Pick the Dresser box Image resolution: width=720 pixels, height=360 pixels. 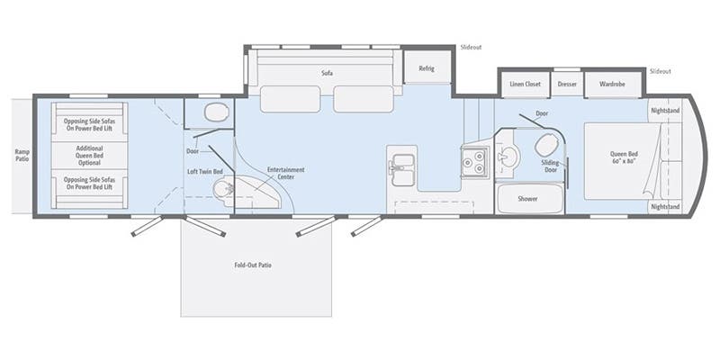click(x=567, y=84)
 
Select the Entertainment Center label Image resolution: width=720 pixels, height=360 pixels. click(x=285, y=173)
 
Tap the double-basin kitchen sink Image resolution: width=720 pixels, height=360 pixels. click(x=402, y=166)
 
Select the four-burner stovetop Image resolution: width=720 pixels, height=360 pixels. click(x=473, y=163)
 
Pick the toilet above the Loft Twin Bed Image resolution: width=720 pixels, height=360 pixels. click(x=214, y=112)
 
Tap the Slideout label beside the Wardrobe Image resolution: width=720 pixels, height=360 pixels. click(x=660, y=70)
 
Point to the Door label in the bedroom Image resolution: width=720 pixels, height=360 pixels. click(x=542, y=114)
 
